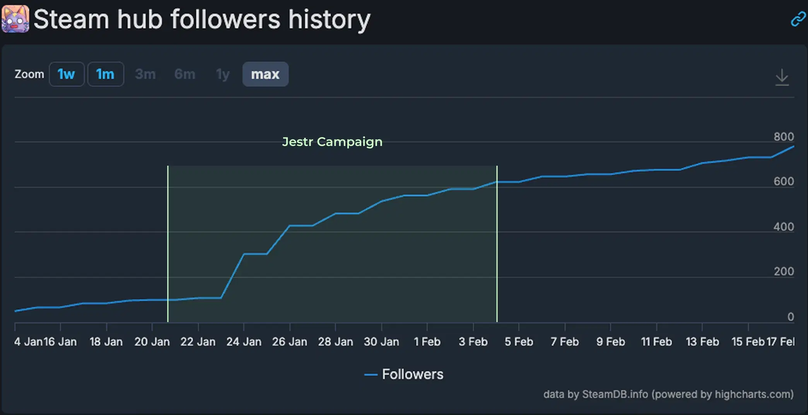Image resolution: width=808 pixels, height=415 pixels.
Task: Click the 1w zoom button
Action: [x=67, y=74]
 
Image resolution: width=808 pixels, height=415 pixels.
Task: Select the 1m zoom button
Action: [x=106, y=74]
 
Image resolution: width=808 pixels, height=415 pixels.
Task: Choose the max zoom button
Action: [x=265, y=74]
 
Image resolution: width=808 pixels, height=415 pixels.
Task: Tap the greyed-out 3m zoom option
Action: [x=145, y=74]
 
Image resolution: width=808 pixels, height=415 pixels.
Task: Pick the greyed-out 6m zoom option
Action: [x=185, y=74]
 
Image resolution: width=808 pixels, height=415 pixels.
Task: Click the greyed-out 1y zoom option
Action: [x=223, y=74]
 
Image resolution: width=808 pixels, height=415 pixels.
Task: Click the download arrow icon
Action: [x=782, y=77]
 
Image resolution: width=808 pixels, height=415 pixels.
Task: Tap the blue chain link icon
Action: [x=798, y=19]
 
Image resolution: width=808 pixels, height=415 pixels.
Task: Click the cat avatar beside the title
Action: [x=15, y=19]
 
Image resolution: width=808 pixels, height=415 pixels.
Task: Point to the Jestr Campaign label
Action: [x=332, y=142]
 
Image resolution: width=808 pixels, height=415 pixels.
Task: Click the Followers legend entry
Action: [x=405, y=374]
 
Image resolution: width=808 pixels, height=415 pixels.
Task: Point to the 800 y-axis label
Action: [x=784, y=137]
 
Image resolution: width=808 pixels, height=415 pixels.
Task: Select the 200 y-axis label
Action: [x=784, y=271]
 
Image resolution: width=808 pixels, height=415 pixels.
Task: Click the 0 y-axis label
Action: [x=791, y=317]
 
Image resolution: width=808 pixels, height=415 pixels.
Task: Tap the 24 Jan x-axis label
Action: [x=244, y=342]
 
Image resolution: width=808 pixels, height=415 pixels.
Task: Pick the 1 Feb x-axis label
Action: [x=427, y=342]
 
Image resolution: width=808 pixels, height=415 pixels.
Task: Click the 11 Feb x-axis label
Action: [x=656, y=342]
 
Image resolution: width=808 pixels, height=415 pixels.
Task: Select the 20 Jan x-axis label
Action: [x=152, y=342]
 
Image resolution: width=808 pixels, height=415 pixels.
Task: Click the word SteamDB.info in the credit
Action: [x=615, y=394]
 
